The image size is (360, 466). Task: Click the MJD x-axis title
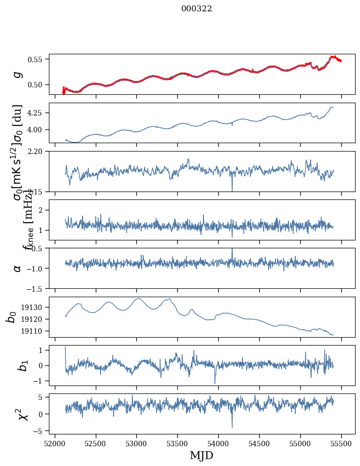201,456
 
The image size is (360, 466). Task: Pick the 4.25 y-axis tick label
38,113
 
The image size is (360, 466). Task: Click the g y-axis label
18,74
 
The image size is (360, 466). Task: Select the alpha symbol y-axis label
18,268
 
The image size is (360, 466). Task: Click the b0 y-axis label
11,316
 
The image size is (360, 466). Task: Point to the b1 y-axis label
11,365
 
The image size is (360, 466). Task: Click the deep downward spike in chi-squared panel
232,427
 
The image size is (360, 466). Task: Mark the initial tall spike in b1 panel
65,348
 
